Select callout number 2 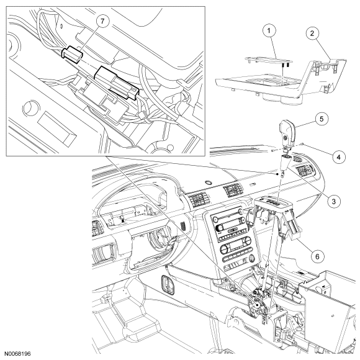point(312,34)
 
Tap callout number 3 point(333,201)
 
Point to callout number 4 point(338,157)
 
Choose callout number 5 point(322,119)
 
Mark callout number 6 point(317,256)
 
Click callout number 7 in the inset point(102,21)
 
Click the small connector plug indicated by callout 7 point(72,55)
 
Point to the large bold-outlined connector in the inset point(117,83)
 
